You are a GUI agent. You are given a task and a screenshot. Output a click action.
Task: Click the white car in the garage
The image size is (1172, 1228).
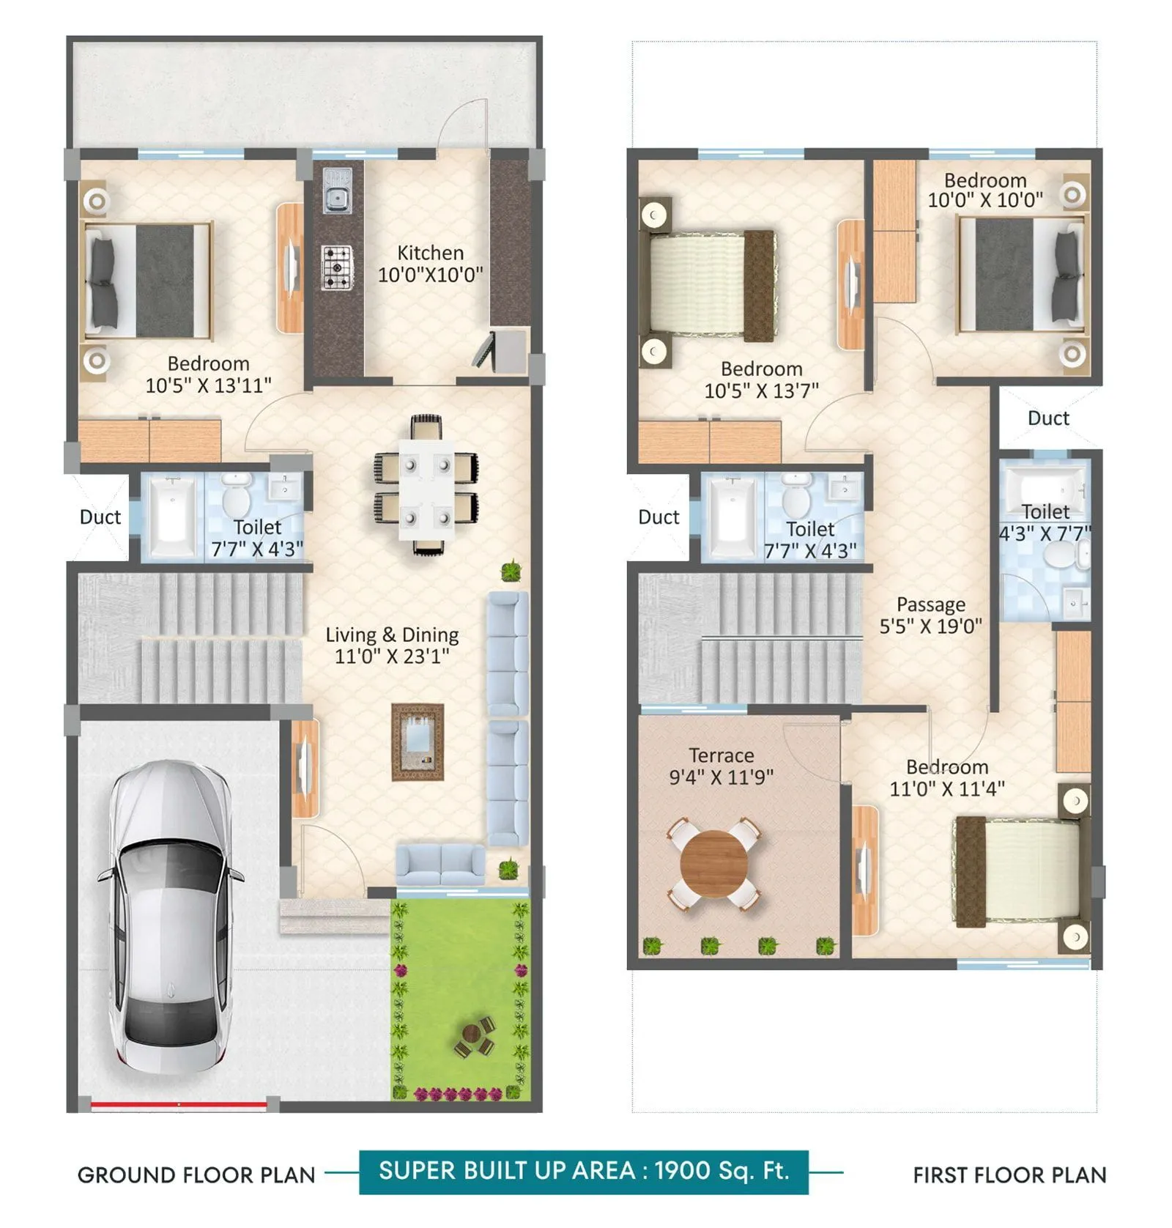pos(170,916)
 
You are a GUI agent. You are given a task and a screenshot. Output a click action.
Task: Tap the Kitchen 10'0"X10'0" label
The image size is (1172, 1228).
pos(430,264)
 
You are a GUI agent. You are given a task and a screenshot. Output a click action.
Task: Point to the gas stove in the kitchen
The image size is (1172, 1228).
pos(337,267)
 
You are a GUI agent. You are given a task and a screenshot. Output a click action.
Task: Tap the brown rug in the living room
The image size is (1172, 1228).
pos(418,742)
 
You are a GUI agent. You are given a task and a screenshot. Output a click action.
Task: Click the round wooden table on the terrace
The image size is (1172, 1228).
pos(714,865)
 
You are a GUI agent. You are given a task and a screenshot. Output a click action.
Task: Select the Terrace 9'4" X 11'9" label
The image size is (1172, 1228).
pos(722,766)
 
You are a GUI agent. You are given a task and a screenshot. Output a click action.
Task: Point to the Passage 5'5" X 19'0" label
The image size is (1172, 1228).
pos(930,615)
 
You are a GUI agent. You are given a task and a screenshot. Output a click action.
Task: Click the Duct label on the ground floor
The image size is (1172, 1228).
pos(100,517)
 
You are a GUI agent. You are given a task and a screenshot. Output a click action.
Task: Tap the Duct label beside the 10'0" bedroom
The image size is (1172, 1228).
pos(1048,418)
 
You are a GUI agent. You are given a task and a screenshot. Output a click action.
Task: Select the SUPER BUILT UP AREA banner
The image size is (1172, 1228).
pos(584,1172)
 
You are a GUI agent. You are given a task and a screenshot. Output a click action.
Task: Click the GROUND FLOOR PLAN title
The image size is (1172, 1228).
pos(196,1175)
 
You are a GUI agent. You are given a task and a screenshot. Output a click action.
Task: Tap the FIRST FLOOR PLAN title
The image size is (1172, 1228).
pos(1009,1175)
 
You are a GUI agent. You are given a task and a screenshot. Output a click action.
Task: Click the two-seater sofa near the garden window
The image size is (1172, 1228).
pos(441,865)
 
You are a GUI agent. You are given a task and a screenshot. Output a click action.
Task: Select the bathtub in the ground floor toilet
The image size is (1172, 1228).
pos(172,517)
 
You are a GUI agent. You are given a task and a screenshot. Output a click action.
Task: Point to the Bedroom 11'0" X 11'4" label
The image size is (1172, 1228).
pos(946,777)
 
